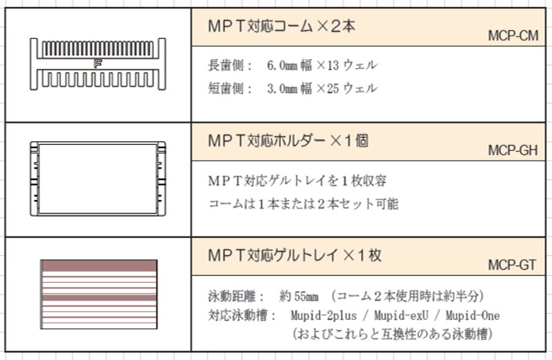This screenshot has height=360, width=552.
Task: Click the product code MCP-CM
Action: tap(513, 36)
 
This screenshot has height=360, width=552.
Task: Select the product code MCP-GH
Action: tap(513, 150)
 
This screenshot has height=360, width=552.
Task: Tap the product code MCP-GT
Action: tap(512, 265)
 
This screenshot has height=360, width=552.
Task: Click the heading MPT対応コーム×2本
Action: tap(282, 26)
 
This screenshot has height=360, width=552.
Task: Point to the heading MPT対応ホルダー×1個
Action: tap(288, 141)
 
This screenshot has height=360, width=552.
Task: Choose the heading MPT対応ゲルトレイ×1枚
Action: tap(295, 255)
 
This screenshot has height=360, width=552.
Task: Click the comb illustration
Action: tap(98, 63)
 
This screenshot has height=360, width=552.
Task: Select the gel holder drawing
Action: tap(98, 179)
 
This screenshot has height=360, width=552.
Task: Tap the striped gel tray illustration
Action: tap(99, 294)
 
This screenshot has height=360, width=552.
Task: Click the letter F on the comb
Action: tap(98, 63)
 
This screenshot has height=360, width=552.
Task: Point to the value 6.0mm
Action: tap(282, 66)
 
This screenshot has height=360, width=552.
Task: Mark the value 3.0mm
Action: tap(282, 89)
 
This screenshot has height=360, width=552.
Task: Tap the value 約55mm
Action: tap(299, 297)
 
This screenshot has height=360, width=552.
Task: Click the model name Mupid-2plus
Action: tap(324, 315)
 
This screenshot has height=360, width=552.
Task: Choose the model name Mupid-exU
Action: tap(402, 315)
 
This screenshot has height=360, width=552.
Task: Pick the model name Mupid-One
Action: tap(473, 315)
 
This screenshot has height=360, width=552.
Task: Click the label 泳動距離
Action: tap(232, 297)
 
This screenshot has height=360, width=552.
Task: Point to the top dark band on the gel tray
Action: tap(99, 266)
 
